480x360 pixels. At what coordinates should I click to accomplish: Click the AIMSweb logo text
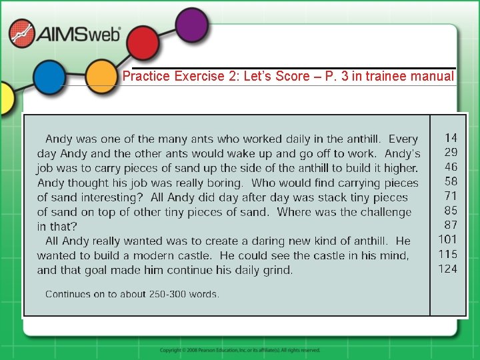tap(79, 35)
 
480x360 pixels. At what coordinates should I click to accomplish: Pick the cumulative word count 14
tap(451, 138)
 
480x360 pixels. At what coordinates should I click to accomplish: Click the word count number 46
tap(451, 167)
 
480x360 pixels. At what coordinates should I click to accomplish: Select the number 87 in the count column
tap(451, 225)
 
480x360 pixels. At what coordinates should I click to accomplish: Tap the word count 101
tap(448, 239)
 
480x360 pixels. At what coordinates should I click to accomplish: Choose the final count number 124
tap(448, 269)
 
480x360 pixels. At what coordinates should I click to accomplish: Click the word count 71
tap(451, 196)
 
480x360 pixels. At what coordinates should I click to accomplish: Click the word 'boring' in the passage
tap(223, 183)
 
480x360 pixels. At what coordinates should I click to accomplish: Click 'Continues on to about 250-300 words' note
tap(132, 294)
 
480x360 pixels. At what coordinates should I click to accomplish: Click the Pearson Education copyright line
tap(240, 350)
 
